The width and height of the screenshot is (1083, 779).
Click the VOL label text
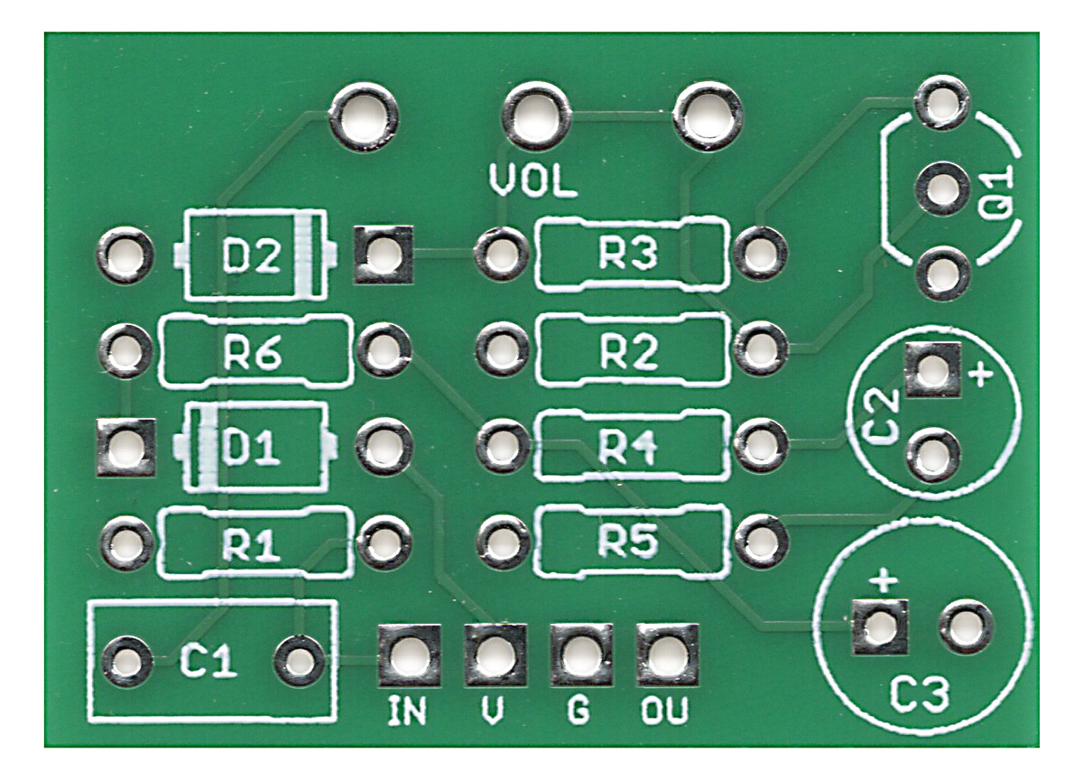[532, 181]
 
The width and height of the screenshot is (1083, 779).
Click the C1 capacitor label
[208, 663]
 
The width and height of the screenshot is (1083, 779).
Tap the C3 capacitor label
[920, 696]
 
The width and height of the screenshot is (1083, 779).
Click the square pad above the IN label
[409, 654]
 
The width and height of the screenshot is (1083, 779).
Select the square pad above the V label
[495, 654]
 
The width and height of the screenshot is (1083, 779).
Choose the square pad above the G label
[580, 654]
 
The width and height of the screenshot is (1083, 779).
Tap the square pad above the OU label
[666, 654]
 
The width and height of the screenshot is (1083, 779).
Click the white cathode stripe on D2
[310, 255]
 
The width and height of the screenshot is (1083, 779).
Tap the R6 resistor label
[255, 352]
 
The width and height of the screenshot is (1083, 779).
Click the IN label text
[406, 712]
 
